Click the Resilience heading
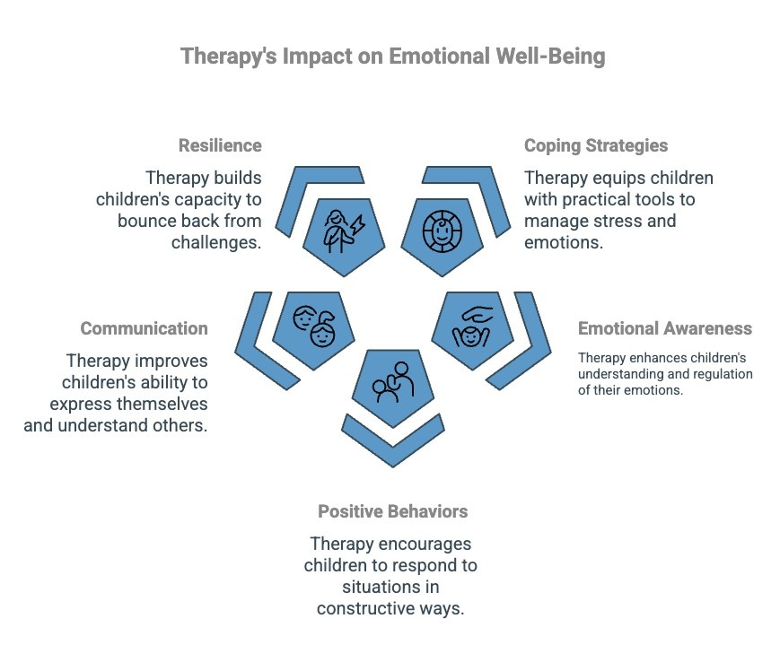pos(220,145)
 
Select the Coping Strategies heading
pos(596,145)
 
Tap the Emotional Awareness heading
pos(664,328)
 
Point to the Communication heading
pos(144,328)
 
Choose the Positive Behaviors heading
pos(392,512)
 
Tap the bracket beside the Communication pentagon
pos(254,341)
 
